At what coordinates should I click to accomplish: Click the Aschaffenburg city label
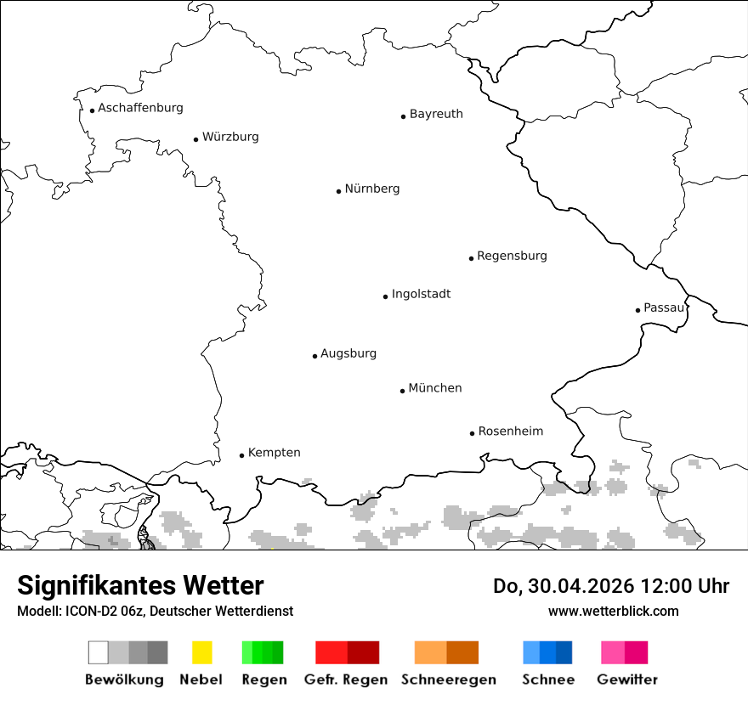140,108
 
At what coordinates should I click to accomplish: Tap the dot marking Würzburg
195,139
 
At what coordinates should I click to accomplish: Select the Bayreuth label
436,114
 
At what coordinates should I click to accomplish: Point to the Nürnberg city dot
338,191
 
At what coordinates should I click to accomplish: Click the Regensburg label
512,256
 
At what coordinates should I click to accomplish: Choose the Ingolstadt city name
421,294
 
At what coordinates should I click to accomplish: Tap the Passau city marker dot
637,310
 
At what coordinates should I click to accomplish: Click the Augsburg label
348,353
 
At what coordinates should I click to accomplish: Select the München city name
435,388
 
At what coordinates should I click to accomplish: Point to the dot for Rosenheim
472,433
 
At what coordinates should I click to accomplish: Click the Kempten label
274,453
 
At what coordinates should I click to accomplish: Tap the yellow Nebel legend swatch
201,652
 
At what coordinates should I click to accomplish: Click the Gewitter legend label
627,680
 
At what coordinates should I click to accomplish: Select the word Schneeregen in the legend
448,680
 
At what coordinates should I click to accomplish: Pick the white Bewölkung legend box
99,652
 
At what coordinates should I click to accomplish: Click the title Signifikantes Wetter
140,585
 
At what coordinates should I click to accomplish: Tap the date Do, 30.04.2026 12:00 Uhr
611,586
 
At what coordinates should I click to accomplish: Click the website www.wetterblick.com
613,611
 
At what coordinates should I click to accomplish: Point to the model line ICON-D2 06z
155,611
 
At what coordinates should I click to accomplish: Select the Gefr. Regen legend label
346,680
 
